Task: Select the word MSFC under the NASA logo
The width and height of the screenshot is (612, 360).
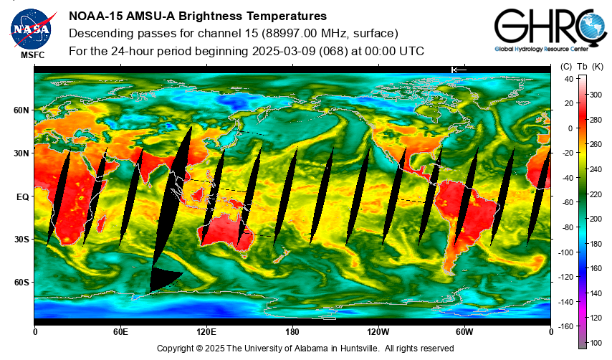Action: point(33,55)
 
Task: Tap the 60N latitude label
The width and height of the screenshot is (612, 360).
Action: point(21,110)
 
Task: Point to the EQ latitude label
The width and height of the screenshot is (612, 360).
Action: point(23,196)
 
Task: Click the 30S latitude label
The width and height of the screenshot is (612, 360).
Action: point(21,240)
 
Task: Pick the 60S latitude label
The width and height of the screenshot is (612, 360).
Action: point(21,283)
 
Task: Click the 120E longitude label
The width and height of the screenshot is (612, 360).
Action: point(206,332)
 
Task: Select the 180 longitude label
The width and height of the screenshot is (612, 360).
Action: point(292,332)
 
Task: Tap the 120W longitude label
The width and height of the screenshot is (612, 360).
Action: point(378,332)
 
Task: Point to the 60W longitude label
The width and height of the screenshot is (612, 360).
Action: point(464,332)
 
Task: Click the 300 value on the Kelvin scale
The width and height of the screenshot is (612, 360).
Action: point(596,95)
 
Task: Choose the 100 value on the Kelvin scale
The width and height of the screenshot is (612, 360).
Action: point(596,343)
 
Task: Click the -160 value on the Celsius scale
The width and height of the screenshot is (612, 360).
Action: point(565,326)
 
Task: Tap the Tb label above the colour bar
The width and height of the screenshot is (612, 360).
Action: point(582,67)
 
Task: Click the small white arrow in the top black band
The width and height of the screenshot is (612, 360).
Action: point(459,70)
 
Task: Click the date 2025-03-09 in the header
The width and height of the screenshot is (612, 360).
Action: point(283,51)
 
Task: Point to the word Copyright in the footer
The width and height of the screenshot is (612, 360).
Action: point(174,349)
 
